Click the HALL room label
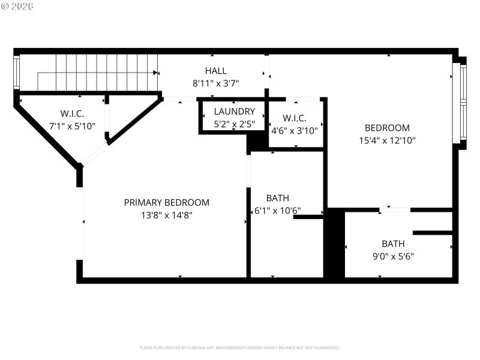(x=215, y=71)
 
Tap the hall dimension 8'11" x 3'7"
(x=215, y=83)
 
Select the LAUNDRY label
(x=235, y=112)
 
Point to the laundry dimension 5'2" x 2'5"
(x=235, y=125)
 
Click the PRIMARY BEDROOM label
(x=166, y=203)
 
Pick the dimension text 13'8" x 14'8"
(x=166, y=215)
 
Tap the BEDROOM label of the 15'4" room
(x=387, y=128)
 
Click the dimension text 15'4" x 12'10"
(x=387, y=140)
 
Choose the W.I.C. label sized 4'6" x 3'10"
(x=294, y=117)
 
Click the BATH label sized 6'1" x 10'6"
(x=277, y=198)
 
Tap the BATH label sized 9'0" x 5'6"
(x=393, y=244)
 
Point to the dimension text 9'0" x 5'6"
(x=393, y=256)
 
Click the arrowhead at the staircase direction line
(x=156, y=73)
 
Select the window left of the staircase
(x=17, y=72)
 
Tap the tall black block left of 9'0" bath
(x=334, y=244)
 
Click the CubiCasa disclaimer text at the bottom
(x=239, y=347)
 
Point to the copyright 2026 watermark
(x=18, y=6)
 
